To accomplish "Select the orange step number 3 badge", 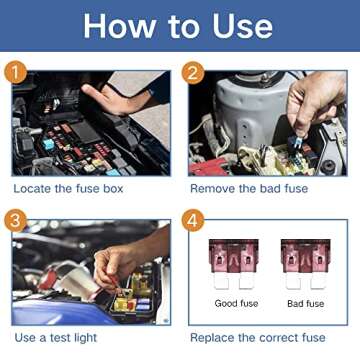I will (x=14, y=218).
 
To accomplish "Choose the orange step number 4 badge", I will (x=193, y=218).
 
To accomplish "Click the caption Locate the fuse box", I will (x=68, y=188).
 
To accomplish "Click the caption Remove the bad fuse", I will (x=249, y=188).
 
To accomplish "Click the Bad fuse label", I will (x=305, y=303).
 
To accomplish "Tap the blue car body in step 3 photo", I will (x=40, y=300).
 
